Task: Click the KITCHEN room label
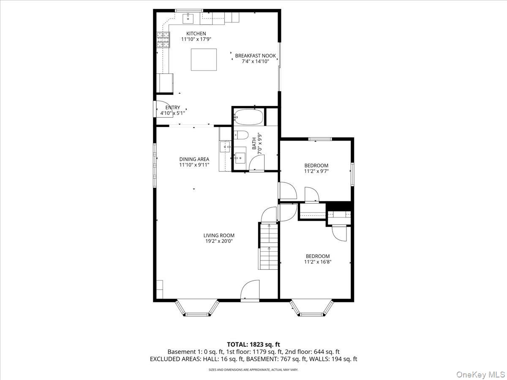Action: pos(196,33)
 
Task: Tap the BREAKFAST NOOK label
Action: pos(256,56)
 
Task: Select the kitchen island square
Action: pos(204,60)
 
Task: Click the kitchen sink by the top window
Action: pos(188,19)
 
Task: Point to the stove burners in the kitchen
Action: pos(164,40)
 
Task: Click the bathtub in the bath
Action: pos(248,117)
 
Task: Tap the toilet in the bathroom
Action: pos(241,135)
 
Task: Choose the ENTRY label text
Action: pos(172,108)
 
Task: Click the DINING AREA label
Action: pos(194,159)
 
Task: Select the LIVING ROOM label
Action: pos(219,235)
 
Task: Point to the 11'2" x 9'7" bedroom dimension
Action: pos(316,171)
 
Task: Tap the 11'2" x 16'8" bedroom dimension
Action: pos(318,262)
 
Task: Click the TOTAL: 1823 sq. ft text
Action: pos(253,345)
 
